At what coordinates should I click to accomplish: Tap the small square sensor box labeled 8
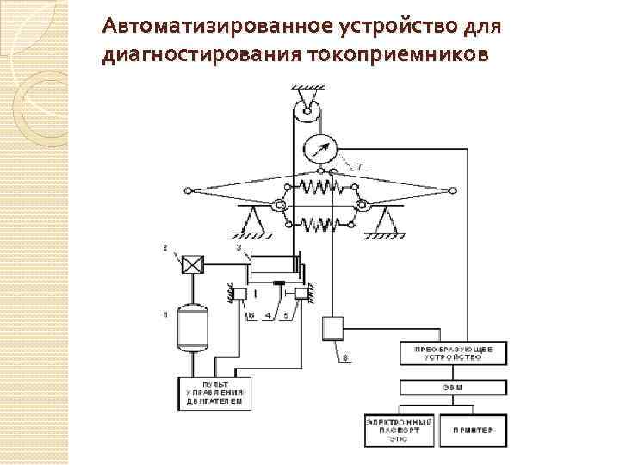[332, 327]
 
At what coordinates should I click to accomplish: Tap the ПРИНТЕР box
[469, 426]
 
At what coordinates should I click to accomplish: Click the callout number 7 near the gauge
[360, 164]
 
